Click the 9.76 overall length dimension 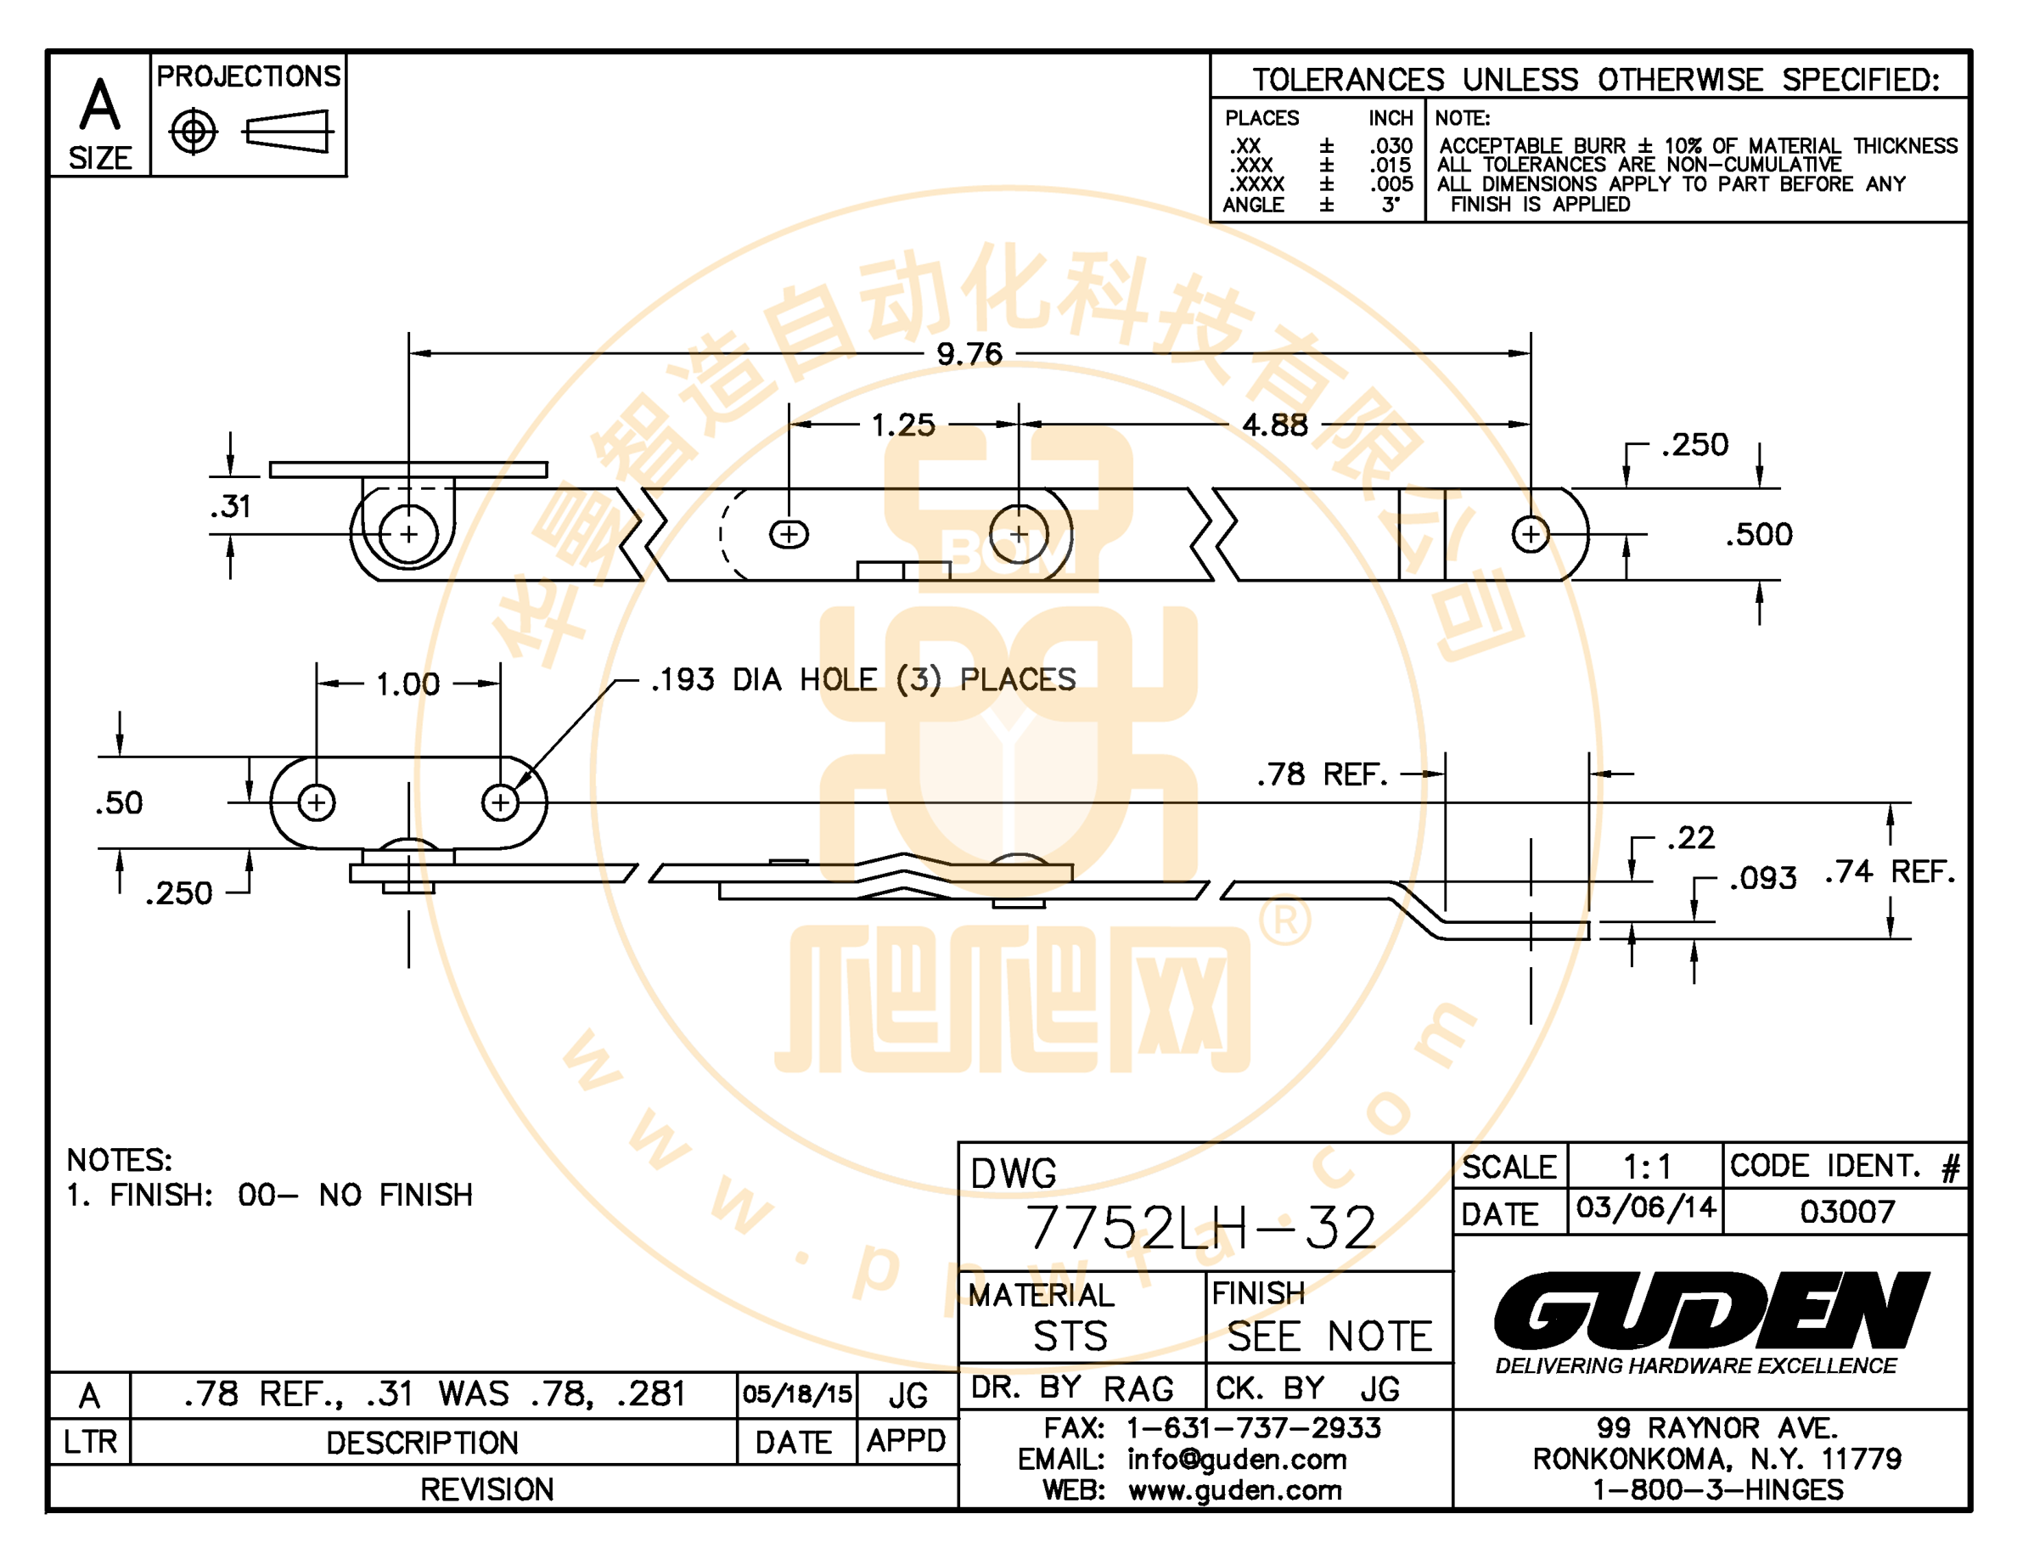pos(969,354)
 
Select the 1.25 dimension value pos(903,425)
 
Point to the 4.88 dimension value pos(1274,425)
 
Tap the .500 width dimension pos(1758,535)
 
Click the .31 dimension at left pos(231,507)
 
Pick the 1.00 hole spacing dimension pos(407,684)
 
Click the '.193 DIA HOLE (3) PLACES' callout pos(863,680)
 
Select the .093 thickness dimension pos(1763,877)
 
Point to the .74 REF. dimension pos(1890,872)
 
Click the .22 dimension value pos(1691,838)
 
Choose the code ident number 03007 pos(1847,1211)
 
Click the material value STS pos(1070,1337)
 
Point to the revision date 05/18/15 pos(797,1393)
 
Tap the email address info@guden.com pos(1237,1460)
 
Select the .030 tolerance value pos(1391,146)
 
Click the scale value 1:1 pos(1648,1168)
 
